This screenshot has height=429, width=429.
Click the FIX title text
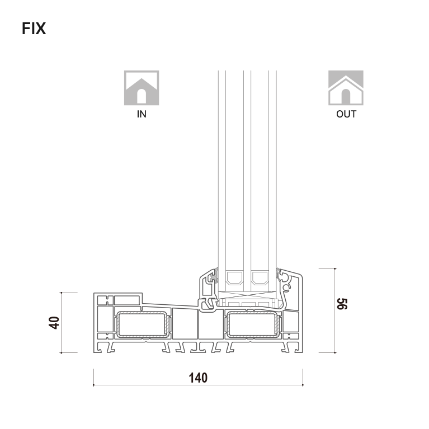click(34, 29)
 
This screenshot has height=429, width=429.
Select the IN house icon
click(142, 88)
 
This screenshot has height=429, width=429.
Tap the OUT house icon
click(346, 88)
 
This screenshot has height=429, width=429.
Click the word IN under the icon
click(142, 114)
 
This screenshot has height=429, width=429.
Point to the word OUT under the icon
click(346, 114)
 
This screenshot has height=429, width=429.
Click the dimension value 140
click(198, 378)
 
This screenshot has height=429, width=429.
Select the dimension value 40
click(54, 323)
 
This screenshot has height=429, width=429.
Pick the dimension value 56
click(342, 304)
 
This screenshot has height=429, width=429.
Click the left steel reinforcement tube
click(142, 324)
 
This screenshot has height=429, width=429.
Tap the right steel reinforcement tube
click(253, 324)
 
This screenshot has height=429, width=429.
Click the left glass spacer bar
click(234, 277)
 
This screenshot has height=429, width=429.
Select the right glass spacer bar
click(260, 277)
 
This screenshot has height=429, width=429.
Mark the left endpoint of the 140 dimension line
click(93, 385)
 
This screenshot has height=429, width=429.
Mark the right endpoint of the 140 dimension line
click(303, 385)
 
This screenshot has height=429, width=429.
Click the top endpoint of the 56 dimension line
click(335, 268)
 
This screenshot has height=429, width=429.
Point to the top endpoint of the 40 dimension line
click(61, 293)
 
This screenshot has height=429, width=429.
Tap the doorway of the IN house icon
click(142, 96)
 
